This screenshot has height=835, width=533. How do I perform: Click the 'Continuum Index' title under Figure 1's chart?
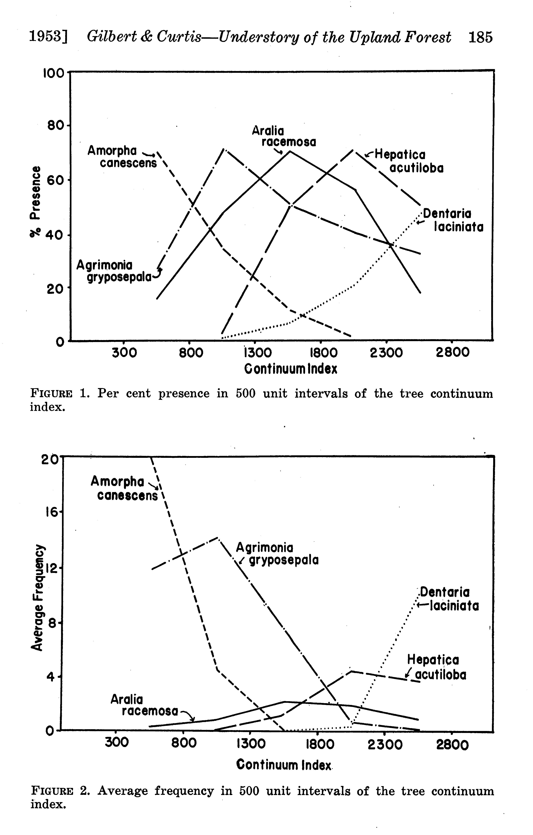pyautogui.click(x=291, y=369)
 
